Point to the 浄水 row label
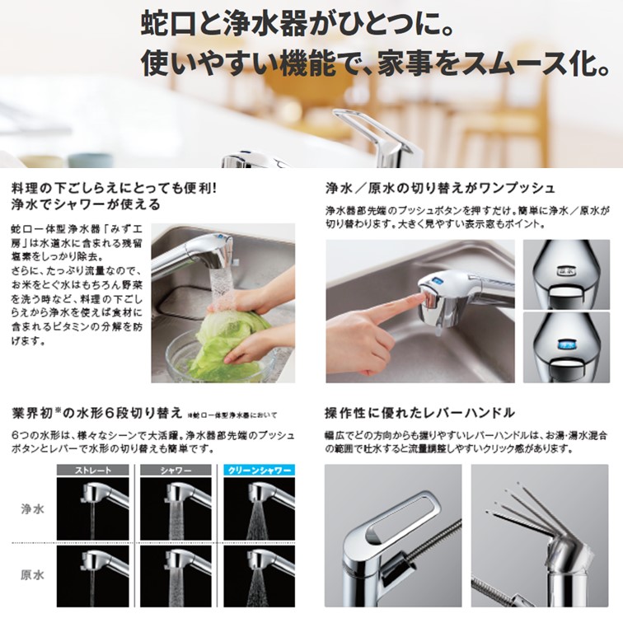click(31, 508)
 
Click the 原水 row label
click(31, 574)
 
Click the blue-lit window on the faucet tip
click(565, 344)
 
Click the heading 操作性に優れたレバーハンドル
click(420, 411)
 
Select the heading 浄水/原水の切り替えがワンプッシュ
click(440, 188)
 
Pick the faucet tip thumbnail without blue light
click(565, 274)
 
